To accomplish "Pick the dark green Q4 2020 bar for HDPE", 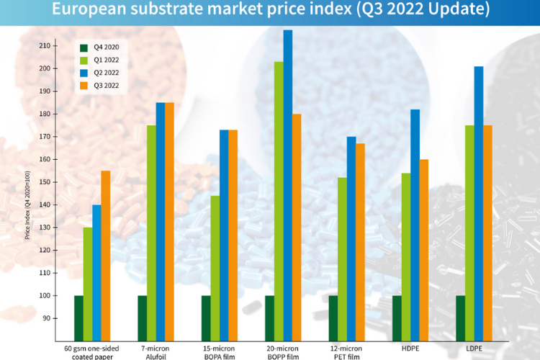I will [397, 318].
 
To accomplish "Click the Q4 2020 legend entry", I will [101, 48].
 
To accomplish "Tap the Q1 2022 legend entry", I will [101, 60].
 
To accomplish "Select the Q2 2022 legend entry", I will [101, 73].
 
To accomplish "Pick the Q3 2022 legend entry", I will [101, 86].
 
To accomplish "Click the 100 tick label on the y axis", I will [45, 295].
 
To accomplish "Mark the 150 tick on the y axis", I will [45, 182].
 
